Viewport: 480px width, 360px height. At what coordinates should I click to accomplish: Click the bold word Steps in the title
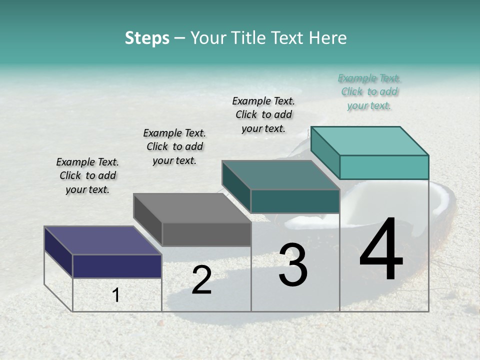point(147,38)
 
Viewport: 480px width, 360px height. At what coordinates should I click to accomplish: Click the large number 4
point(381,249)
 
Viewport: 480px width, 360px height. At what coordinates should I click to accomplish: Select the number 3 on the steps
point(293,265)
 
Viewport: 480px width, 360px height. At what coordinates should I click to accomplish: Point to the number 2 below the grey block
point(201,280)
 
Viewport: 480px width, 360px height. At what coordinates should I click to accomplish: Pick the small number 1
point(116,295)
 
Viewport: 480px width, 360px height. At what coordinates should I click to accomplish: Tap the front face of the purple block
point(117,266)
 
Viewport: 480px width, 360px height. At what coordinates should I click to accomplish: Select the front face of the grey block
point(206,234)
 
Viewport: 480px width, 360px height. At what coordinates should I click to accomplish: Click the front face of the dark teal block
point(295,201)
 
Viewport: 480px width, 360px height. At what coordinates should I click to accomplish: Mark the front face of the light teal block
point(384,167)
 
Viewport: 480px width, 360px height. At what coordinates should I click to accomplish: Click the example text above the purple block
point(87,175)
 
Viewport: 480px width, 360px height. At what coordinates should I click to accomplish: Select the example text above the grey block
point(174,146)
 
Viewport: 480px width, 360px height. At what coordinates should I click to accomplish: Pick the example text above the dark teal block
point(263,114)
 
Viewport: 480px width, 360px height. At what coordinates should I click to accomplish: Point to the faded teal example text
point(369,91)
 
